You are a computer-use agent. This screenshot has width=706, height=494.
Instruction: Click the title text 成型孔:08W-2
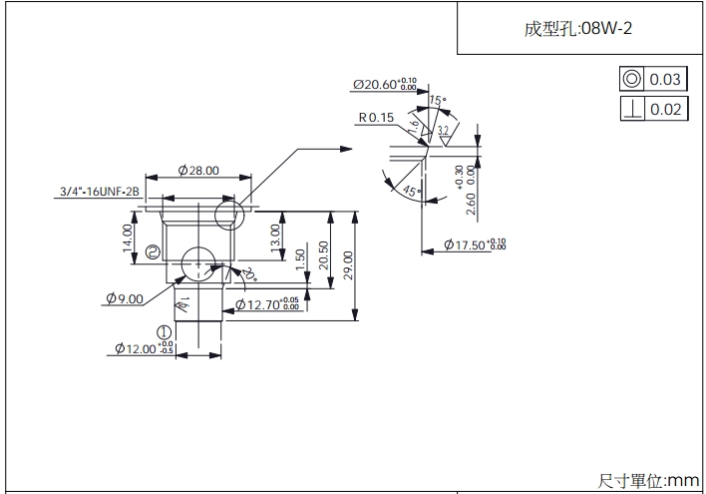[577, 29]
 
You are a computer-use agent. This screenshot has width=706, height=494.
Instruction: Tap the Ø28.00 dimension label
[198, 171]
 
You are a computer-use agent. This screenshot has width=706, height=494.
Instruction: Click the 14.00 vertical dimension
[128, 238]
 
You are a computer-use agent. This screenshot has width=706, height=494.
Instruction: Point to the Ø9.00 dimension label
[124, 297]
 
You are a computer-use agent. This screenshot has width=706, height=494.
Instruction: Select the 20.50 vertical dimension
[323, 254]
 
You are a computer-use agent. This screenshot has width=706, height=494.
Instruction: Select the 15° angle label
[437, 101]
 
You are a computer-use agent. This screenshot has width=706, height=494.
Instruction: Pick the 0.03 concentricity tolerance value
[665, 80]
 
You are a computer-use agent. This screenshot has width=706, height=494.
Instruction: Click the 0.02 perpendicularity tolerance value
[665, 109]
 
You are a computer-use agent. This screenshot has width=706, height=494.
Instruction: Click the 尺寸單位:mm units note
[649, 480]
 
